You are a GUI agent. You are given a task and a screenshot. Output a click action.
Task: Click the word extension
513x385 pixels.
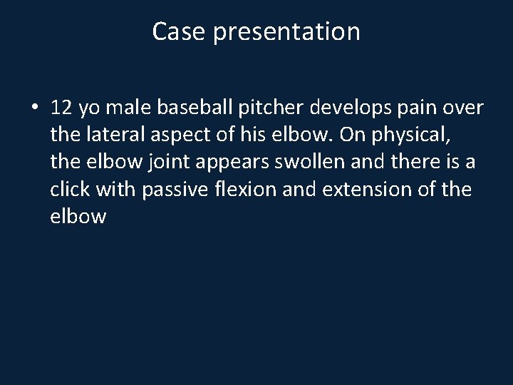tap(357, 189)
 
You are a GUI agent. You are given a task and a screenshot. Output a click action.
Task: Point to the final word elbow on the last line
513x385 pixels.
tap(78, 216)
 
